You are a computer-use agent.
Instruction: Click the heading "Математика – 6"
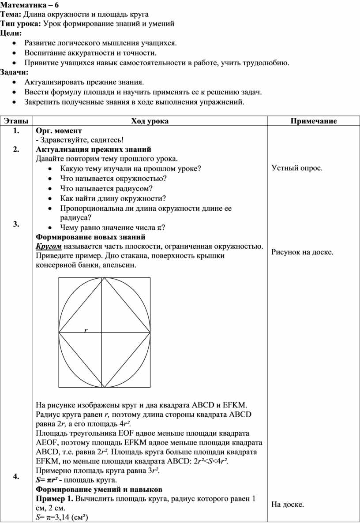26,5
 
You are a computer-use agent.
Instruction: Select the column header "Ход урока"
150,121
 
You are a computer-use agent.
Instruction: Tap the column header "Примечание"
313,121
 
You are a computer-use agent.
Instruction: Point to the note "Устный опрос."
296,168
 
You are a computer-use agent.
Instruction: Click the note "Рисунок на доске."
302,252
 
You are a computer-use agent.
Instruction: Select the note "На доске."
288,504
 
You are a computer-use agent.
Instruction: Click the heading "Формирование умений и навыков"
99,489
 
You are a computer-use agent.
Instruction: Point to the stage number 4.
16,476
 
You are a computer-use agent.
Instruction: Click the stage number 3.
16,224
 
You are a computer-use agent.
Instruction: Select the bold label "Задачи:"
14,72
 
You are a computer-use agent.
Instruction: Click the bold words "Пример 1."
55,499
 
